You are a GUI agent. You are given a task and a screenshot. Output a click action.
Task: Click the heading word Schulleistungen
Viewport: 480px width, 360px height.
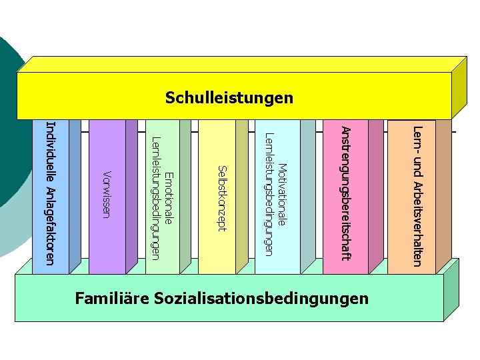tap(229, 98)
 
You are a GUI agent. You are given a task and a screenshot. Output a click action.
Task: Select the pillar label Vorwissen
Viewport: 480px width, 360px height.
tap(105, 194)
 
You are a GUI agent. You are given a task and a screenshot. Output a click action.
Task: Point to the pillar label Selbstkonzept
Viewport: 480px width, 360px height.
tap(223, 197)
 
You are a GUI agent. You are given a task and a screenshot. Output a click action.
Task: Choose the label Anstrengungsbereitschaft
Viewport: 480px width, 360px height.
tap(345, 193)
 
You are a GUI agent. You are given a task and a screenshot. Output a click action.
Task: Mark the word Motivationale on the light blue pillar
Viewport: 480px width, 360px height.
tap(282, 198)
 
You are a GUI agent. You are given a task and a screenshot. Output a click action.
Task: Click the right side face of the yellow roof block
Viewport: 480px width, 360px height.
tap(459, 87)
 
